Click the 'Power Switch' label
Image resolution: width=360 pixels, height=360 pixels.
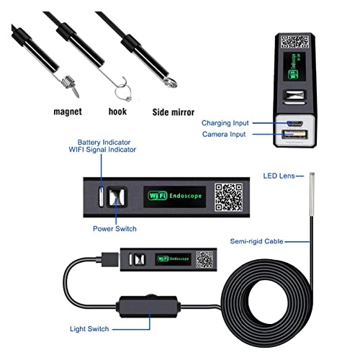click(114, 230)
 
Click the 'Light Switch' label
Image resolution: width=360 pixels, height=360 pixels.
click(91, 329)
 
